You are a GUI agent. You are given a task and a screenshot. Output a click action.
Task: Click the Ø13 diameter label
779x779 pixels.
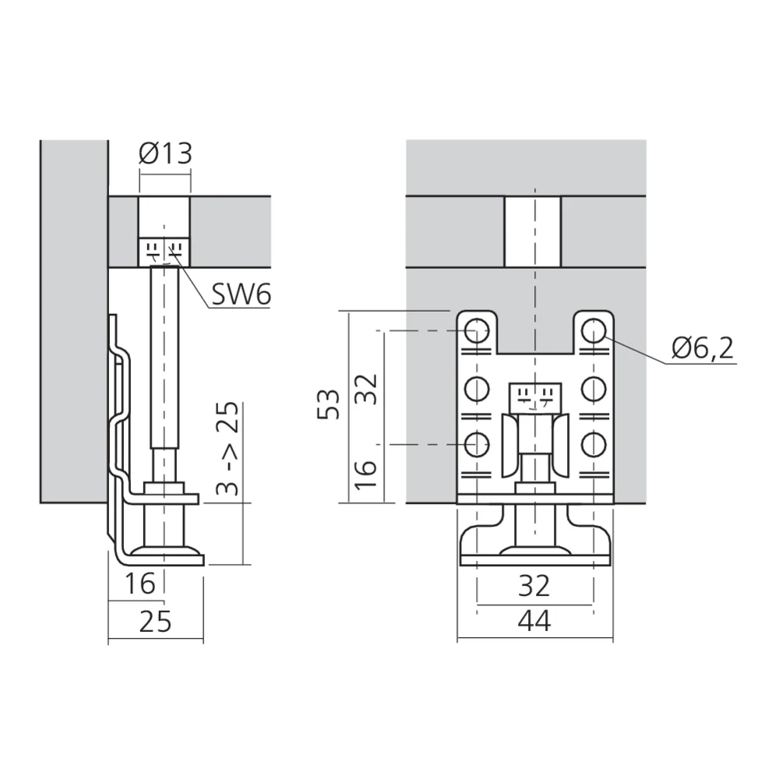point(165,153)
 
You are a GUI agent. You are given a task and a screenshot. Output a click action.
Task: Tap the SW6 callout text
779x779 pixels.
point(241,294)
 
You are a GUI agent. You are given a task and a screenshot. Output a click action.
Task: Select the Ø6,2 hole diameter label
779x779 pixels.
point(703,347)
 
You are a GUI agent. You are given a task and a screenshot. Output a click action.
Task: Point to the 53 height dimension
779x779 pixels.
point(329,404)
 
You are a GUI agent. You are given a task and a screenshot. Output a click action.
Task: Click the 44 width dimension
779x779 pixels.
point(534,621)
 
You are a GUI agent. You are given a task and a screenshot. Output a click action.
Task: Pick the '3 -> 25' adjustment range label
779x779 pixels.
point(227,449)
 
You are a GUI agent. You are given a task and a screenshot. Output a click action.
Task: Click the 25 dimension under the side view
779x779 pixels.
point(155,621)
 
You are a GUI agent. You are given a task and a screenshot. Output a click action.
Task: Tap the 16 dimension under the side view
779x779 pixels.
point(139,583)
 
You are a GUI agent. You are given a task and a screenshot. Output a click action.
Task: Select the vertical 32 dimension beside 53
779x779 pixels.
point(367,389)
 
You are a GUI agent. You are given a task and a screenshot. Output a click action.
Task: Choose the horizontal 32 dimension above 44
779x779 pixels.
point(534,586)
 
